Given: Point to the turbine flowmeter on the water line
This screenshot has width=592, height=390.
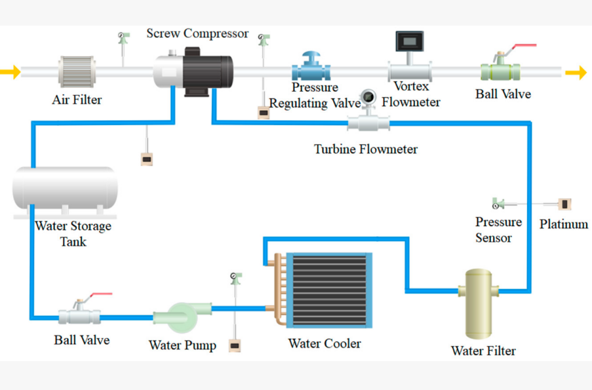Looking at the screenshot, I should click(368, 122).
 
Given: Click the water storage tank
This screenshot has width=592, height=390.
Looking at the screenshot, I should click(64, 189).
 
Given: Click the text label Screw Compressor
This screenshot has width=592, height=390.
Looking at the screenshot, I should click(197, 33).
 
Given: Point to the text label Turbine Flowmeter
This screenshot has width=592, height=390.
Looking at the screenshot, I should click(365, 149).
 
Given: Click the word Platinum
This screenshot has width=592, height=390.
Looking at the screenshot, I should click(563, 224).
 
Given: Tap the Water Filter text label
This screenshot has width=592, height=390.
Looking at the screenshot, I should click(483, 351).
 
